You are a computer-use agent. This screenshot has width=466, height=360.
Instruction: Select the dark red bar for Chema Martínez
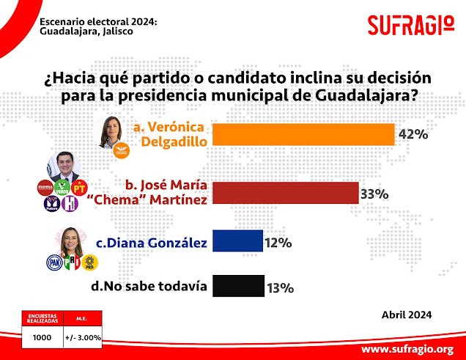(x=285, y=194)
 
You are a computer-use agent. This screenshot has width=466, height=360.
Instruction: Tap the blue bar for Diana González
(x=237, y=242)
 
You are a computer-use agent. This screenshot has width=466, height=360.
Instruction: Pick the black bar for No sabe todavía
(x=238, y=286)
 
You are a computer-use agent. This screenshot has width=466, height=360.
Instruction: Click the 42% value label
(x=413, y=134)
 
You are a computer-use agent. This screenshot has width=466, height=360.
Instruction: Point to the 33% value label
(x=374, y=194)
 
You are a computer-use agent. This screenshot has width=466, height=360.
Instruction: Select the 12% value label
(x=278, y=242)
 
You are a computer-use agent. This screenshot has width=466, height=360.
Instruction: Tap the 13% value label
(x=281, y=287)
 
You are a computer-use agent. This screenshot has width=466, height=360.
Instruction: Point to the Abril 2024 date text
(x=406, y=315)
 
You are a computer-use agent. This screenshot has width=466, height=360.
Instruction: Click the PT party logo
(x=79, y=187)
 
